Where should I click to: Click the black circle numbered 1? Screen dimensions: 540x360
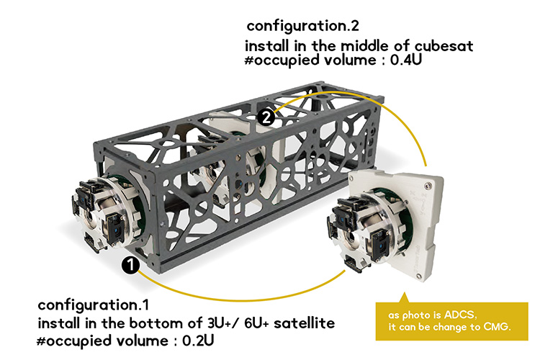130,265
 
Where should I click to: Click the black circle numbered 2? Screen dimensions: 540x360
266,117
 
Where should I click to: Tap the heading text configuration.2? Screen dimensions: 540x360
302,26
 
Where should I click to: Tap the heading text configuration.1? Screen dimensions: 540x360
94,305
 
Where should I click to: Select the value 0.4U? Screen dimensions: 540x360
405,60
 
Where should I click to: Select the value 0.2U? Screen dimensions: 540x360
198,341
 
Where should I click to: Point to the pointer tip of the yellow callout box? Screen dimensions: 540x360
405,293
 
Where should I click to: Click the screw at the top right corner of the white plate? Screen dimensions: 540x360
428,186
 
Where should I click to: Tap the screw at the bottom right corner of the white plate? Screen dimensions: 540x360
419,276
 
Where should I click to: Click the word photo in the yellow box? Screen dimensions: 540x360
421,315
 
